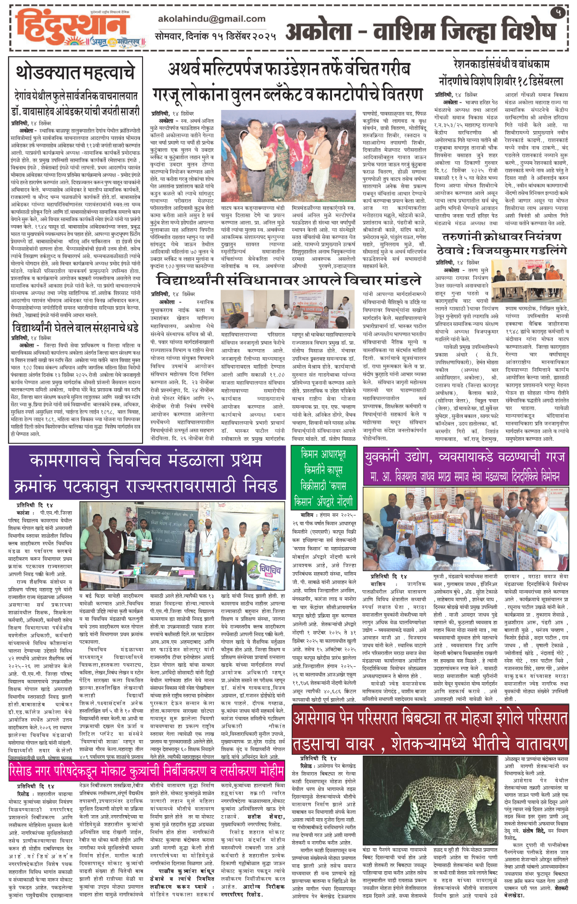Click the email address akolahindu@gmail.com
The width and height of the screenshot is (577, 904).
click(211, 19)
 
